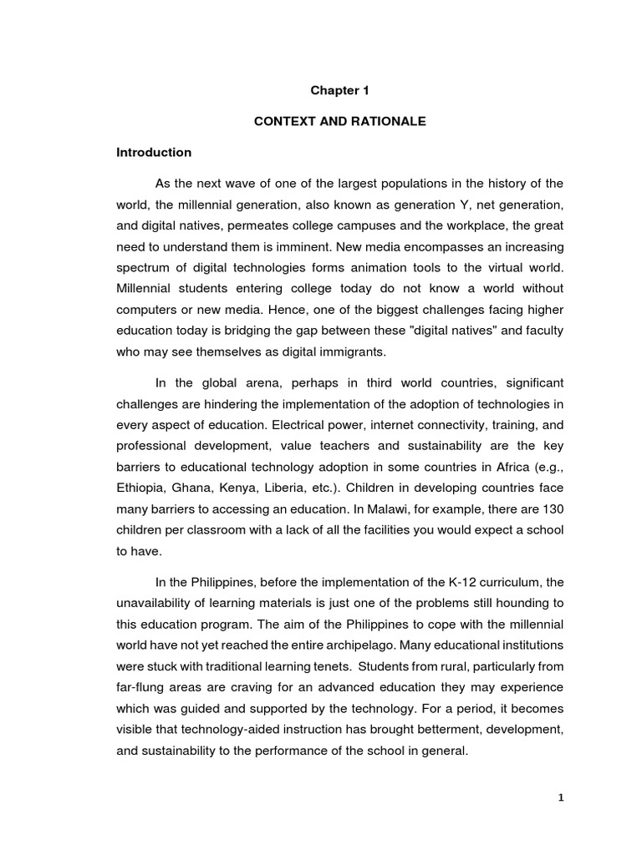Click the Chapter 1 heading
pos(339,90)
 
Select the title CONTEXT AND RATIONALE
pos(339,122)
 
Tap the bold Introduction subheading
pos(154,153)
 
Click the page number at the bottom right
pos(562,798)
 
